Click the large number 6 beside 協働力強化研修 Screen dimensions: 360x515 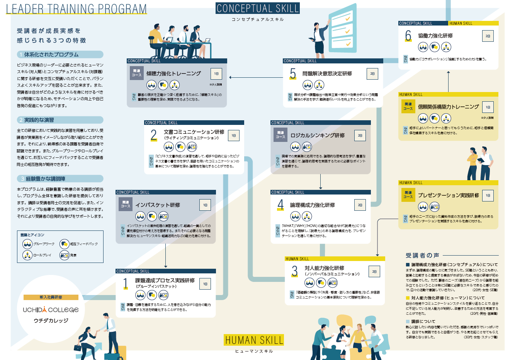[x=408, y=36]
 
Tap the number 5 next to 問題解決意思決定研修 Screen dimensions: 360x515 [x=293, y=73]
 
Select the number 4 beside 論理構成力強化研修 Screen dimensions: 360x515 [x=280, y=205]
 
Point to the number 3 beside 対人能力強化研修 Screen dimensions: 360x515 [x=295, y=271]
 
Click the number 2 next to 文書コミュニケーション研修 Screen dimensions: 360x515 [x=154, y=135]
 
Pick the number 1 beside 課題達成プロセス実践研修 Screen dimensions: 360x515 [x=126, y=283]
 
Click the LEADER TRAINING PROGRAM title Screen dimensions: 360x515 [x=76, y=9]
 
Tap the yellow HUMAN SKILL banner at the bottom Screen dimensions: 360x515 [x=254, y=340]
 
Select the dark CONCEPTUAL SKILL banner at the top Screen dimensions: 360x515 [x=258, y=8]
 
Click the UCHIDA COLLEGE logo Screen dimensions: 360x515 [x=51, y=310]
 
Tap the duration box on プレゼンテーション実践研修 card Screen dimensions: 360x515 [x=488, y=196]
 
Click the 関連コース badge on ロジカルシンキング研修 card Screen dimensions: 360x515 [x=280, y=135]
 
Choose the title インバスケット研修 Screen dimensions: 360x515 [x=158, y=205]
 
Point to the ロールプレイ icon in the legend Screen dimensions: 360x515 [x=27, y=255]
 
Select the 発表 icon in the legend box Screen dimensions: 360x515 [x=64, y=255]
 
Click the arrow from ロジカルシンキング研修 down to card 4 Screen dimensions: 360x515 [x=320, y=181]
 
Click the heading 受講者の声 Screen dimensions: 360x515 [x=422, y=255]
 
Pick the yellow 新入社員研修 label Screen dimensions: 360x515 [x=51, y=297]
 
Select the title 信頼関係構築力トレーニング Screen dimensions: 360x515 [x=448, y=107]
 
